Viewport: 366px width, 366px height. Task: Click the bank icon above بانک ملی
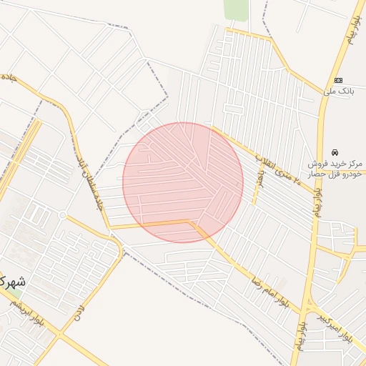[x=338, y=79]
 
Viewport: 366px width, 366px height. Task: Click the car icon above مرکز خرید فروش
[x=335, y=152]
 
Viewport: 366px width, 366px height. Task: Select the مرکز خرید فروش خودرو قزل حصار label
[x=335, y=169]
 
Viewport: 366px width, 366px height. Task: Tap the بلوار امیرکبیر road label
[x=337, y=325]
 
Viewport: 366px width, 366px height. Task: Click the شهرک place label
[x=13, y=282]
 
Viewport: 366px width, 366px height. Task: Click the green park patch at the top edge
[x=235, y=9]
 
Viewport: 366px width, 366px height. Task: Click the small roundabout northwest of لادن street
[x=63, y=215]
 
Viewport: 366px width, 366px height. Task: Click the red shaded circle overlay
[x=182, y=182]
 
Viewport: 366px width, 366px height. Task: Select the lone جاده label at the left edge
[x=8, y=76]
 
